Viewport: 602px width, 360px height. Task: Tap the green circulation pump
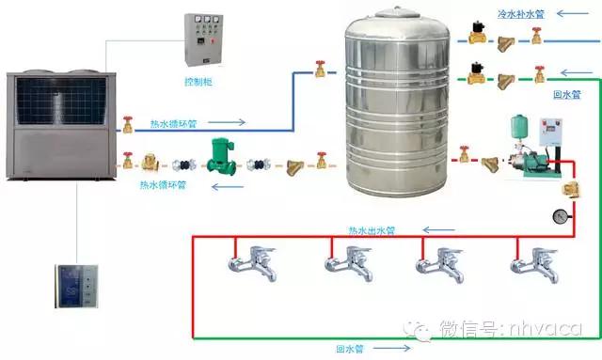click(220, 156)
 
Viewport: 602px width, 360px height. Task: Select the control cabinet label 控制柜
click(198, 83)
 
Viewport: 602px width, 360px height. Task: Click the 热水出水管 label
click(372, 229)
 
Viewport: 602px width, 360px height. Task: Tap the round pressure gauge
click(561, 215)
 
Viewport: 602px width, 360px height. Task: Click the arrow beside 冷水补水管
click(569, 15)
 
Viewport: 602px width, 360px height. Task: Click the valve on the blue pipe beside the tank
click(320, 68)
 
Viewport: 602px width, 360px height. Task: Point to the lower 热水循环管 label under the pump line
click(163, 184)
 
